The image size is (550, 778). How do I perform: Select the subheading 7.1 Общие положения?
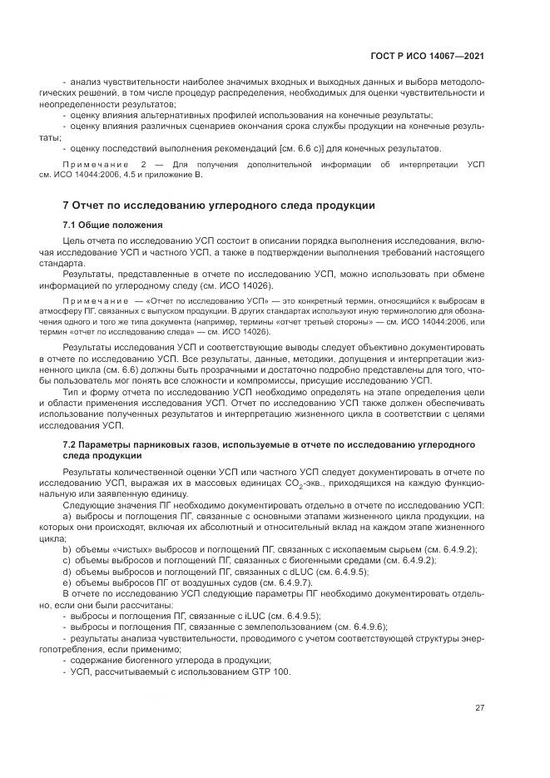[x=112, y=225]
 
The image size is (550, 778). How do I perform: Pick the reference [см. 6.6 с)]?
[x=302, y=149]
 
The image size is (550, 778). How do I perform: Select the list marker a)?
[x=67, y=516]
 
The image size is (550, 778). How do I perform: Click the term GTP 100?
[x=271, y=671]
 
